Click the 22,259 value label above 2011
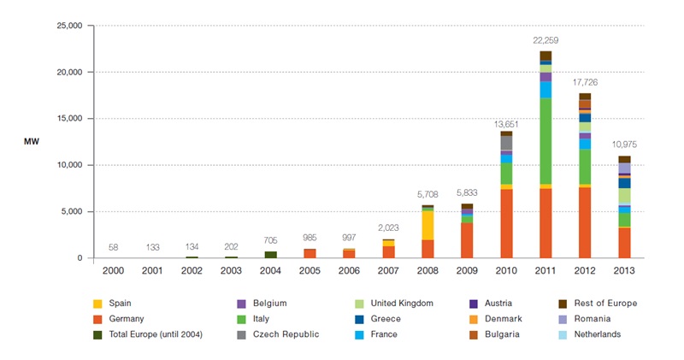click(x=545, y=41)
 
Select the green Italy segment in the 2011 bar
click(x=545, y=141)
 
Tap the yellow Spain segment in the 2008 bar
click(x=427, y=225)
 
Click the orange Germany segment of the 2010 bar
click(x=506, y=223)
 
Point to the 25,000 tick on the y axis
click(x=68, y=26)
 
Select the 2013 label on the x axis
click(x=624, y=271)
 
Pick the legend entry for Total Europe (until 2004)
click(x=157, y=333)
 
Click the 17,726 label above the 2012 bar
click(x=584, y=82)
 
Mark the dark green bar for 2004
click(x=270, y=254)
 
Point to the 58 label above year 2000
click(x=113, y=247)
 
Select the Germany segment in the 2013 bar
click(x=624, y=242)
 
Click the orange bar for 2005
click(x=310, y=253)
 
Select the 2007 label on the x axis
click(x=388, y=271)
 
